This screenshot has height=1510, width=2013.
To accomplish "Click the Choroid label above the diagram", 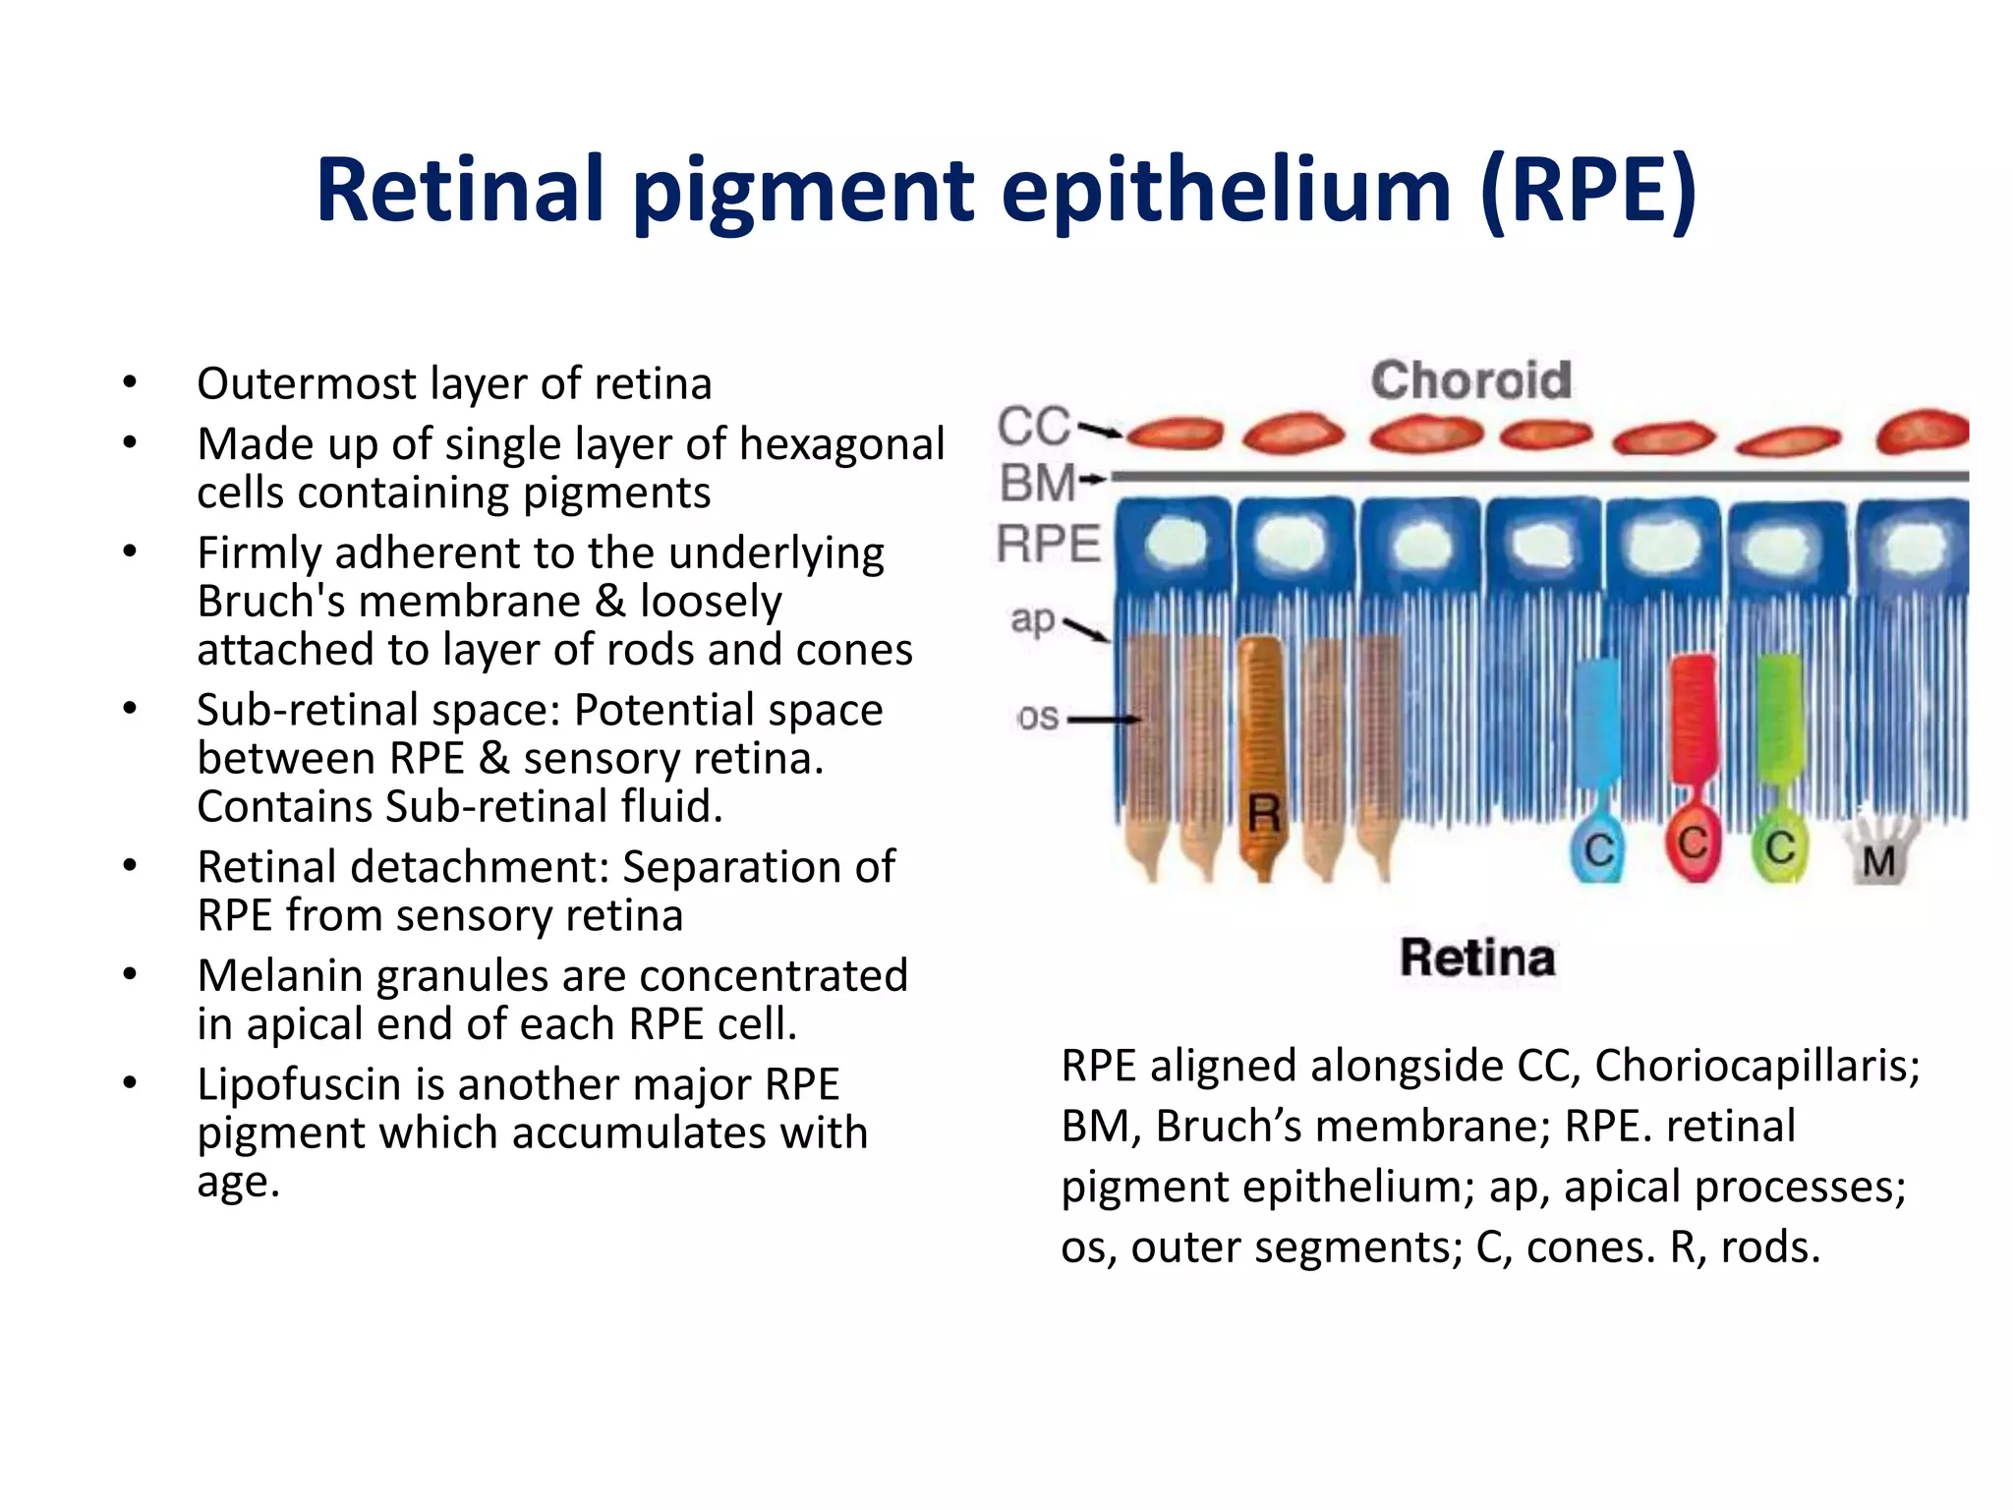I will (x=1470, y=380).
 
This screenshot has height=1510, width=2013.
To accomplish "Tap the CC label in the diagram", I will (x=1033, y=427).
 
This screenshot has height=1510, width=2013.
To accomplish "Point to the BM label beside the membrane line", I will (x=1036, y=484).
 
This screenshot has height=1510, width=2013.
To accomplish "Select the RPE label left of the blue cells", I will (x=1049, y=544).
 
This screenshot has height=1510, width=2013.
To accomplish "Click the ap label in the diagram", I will (x=1032, y=619).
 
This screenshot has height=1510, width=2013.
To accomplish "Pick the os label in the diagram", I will (x=1038, y=718).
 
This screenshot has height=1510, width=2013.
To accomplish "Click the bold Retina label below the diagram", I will (x=1477, y=958).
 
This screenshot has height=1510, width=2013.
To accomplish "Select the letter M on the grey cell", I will (x=1878, y=862).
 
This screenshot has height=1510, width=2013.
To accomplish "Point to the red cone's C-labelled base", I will (x=1693, y=843).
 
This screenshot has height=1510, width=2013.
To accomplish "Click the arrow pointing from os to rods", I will (x=1103, y=720).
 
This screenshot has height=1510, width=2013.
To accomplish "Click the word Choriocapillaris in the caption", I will (x=1756, y=1066).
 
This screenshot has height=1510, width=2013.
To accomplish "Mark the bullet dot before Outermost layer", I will (x=130, y=382).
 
